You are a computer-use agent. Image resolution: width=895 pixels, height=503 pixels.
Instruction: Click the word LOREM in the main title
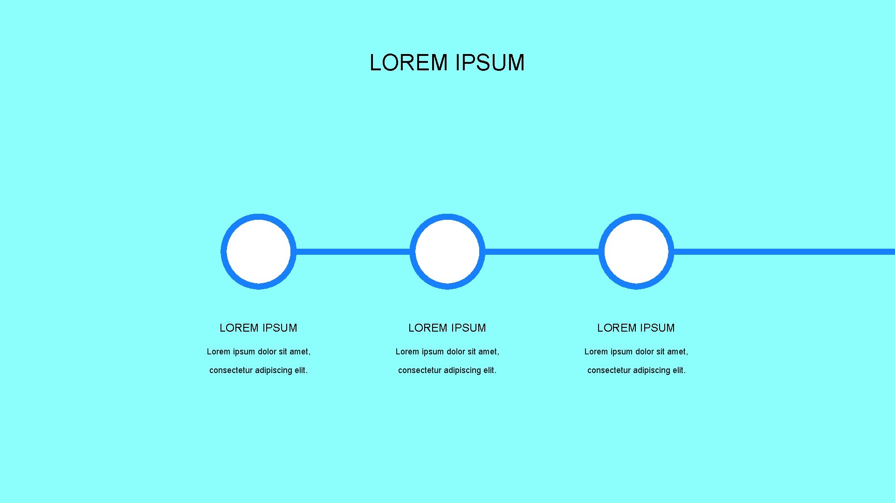click(408, 63)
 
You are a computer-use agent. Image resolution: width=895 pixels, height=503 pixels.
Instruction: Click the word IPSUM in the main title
click(490, 63)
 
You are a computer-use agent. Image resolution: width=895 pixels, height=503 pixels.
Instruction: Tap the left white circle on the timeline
click(259, 251)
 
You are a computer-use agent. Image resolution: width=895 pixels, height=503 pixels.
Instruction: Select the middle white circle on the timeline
click(447, 251)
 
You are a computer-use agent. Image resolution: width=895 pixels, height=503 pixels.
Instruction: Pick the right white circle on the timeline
click(636, 251)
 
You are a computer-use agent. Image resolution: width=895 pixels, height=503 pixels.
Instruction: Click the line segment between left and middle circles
click(353, 252)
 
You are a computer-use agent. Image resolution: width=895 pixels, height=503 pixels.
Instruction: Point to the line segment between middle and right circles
click(542, 252)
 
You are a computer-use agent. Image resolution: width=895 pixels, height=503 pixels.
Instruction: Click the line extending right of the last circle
click(783, 252)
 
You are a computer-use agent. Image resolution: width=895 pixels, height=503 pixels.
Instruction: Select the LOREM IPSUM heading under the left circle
click(258, 328)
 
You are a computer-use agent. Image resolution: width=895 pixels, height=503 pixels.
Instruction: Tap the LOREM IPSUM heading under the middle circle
click(447, 328)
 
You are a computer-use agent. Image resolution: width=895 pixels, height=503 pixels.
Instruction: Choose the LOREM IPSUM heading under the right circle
click(636, 328)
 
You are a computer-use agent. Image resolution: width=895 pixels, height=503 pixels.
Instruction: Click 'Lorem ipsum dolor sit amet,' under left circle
click(259, 352)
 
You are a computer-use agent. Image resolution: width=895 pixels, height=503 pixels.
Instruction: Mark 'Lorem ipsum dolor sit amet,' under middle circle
click(447, 352)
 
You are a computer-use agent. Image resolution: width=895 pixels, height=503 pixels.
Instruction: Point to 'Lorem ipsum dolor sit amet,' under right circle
click(636, 352)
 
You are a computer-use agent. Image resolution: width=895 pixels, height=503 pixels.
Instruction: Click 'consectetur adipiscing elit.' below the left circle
click(259, 370)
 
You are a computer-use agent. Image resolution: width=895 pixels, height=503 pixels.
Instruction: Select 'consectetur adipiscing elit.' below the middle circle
click(447, 370)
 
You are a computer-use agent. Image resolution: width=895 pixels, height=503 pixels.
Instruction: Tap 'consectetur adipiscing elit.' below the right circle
click(636, 370)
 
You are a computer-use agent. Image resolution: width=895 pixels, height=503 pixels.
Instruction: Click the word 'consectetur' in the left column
click(231, 370)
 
